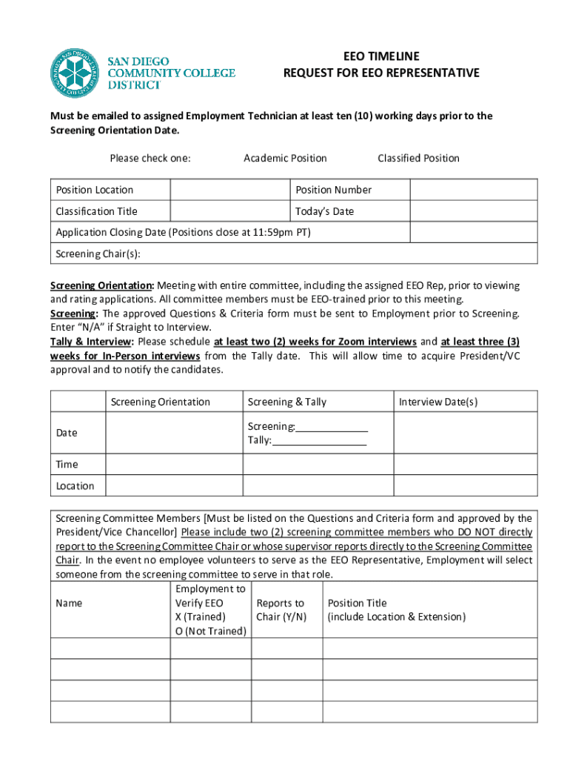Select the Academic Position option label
[x=285, y=158]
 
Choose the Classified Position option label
[x=418, y=158]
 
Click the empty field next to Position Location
[x=229, y=190]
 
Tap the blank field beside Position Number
[x=473, y=190]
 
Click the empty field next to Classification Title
[x=229, y=211]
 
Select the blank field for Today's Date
[x=473, y=211]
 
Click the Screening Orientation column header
[x=161, y=402]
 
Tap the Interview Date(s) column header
[x=438, y=402]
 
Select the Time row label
[x=67, y=465]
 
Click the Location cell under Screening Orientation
[x=174, y=486]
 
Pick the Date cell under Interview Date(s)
[x=465, y=433]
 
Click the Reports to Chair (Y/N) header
[x=281, y=610]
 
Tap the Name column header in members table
[x=69, y=603]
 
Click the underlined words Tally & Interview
[x=91, y=342]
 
